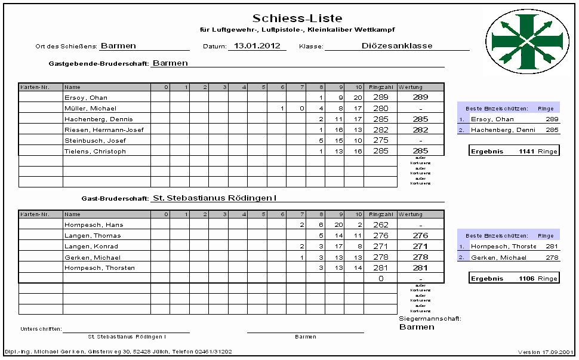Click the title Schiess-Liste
pyautogui.click(x=297, y=19)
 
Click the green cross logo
pyautogui.click(x=525, y=40)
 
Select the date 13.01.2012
pyautogui.click(x=257, y=45)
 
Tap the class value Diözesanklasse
pyautogui.click(x=397, y=45)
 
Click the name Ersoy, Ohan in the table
pyautogui.click(x=86, y=97)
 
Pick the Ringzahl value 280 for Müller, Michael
pyautogui.click(x=380, y=108)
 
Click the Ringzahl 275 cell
pyautogui.click(x=380, y=140)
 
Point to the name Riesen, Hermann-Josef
pyautogui.click(x=104, y=130)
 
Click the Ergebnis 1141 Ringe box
pyautogui.click(x=514, y=151)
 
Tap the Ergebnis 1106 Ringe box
pyautogui.click(x=514, y=278)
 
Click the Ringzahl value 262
pyautogui.click(x=380, y=224)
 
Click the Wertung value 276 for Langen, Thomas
pyautogui.click(x=421, y=235)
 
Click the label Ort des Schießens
pyautogui.click(x=67, y=46)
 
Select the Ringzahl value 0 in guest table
pyautogui.click(x=380, y=278)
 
